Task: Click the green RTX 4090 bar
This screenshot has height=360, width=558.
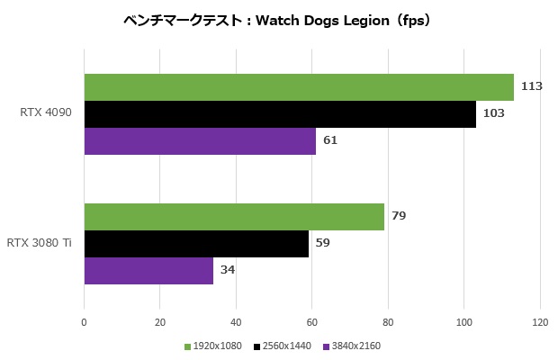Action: [x=299, y=87]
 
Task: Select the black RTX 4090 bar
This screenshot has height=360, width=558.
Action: [x=280, y=114]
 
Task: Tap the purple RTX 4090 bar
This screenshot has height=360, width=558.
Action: [x=200, y=141]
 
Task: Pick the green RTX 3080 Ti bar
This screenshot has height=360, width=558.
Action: [x=234, y=217]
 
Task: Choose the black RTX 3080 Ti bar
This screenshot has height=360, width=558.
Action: [x=196, y=244]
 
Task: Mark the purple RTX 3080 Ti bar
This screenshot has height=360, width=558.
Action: [x=148, y=271]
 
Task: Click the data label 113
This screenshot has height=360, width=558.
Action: [x=531, y=87]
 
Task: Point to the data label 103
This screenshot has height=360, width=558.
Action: [x=493, y=114]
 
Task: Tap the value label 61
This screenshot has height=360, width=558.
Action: [x=330, y=141]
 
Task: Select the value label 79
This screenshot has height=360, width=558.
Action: [x=399, y=217]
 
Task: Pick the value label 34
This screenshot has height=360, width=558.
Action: [x=228, y=271]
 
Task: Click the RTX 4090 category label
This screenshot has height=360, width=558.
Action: [x=46, y=114]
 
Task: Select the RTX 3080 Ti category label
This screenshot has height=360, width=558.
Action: [x=40, y=244]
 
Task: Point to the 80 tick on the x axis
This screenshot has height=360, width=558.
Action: [x=388, y=321]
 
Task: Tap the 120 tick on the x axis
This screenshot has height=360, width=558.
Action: [x=540, y=321]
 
